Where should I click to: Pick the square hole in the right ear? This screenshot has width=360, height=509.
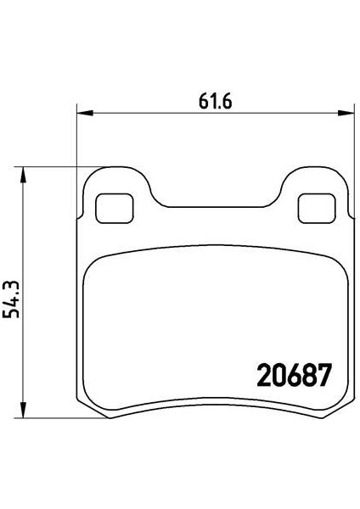coord(315,206)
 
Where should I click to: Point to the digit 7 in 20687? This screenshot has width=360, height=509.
coord(323,375)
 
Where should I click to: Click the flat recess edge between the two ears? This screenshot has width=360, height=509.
coord(216,204)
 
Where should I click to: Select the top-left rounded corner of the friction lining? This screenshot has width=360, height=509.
coord(92,263)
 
